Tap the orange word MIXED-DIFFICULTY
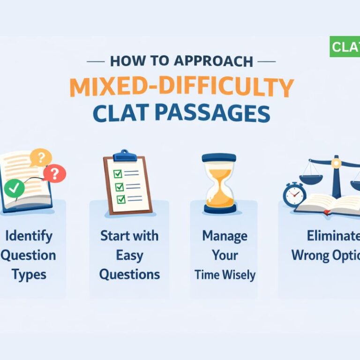coord(181,87)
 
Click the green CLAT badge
coord(345,47)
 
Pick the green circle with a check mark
coord(15,189)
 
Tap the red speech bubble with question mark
coord(55,174)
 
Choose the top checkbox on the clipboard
coord(118,173)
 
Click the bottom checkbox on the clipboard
coord(121,200)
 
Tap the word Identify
coord(27,235)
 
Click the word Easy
coord(129,255)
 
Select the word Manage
coord(225,235)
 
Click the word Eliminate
coord(333,235)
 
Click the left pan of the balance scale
coord(311,179)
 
